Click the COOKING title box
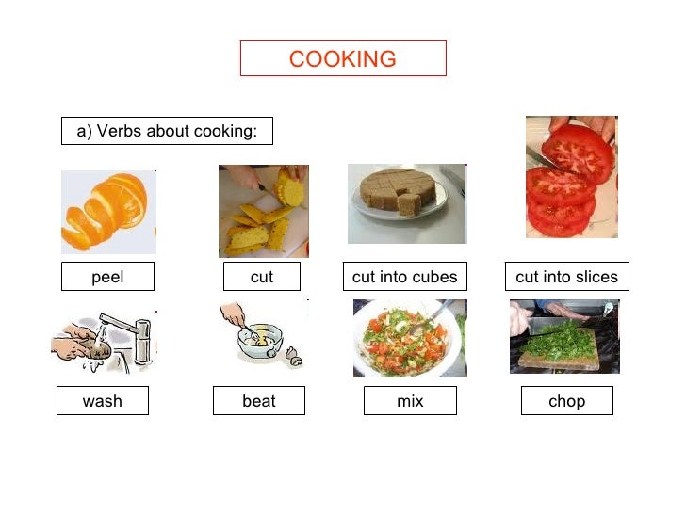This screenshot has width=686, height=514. pos(343,58)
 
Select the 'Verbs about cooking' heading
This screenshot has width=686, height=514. pos(167,131)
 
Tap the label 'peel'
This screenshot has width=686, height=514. pos(107,277)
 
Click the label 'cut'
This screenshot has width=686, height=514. pos(262,277)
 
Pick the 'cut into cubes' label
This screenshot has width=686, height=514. pos(404,277)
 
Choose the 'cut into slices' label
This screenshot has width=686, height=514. pos(566,277)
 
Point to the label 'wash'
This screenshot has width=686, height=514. pos(103,401)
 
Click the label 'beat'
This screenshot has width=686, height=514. pos(259,401)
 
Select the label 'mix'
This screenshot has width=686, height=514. pos(410,401)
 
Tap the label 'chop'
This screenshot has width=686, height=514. pos(566,401)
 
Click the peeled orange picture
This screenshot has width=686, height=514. pos(106,212)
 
